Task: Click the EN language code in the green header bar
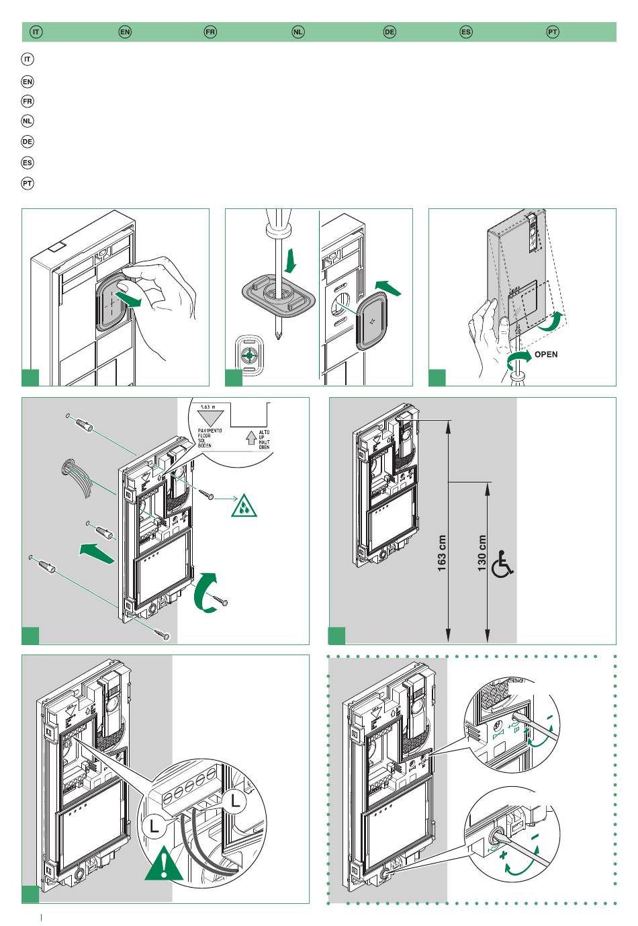[x=124, y=32]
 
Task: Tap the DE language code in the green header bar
[x=390, y=32]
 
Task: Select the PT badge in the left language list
[x=28, y=183]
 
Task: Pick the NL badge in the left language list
[x=28, y=121]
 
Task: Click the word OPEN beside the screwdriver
[x=545, y=354]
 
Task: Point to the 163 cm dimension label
[x=442, y=553]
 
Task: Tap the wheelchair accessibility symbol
[x=503, y=564]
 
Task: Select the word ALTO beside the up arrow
[x=264, y=433]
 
